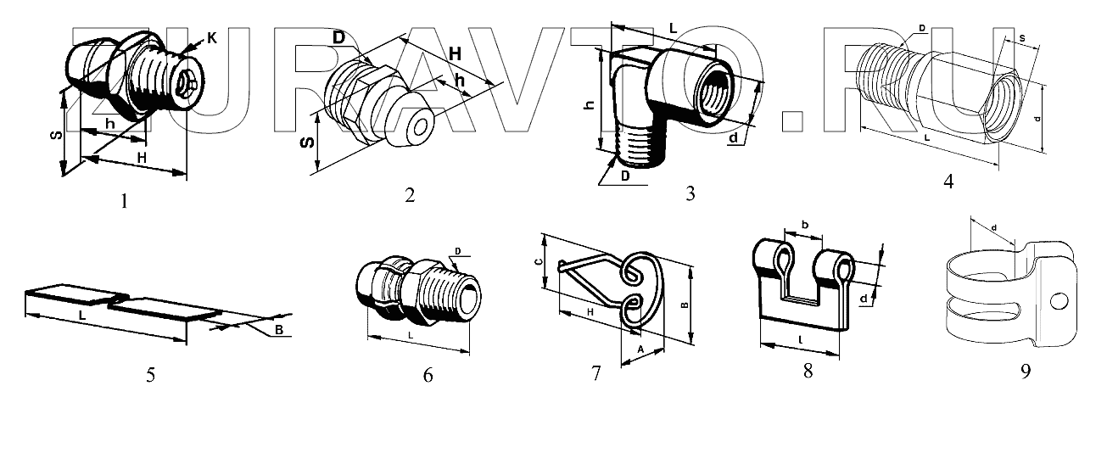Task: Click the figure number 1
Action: (125, 201)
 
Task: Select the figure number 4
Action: (948, 181)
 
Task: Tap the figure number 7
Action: (595, 372)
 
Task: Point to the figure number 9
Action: (1025, 372)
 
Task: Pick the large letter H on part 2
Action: (455, 53)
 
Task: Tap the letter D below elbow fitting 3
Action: (624, 176)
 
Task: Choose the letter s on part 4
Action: (1021, 38)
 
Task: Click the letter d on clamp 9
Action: (992, 226)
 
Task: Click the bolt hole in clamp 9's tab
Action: (1058, 301)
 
